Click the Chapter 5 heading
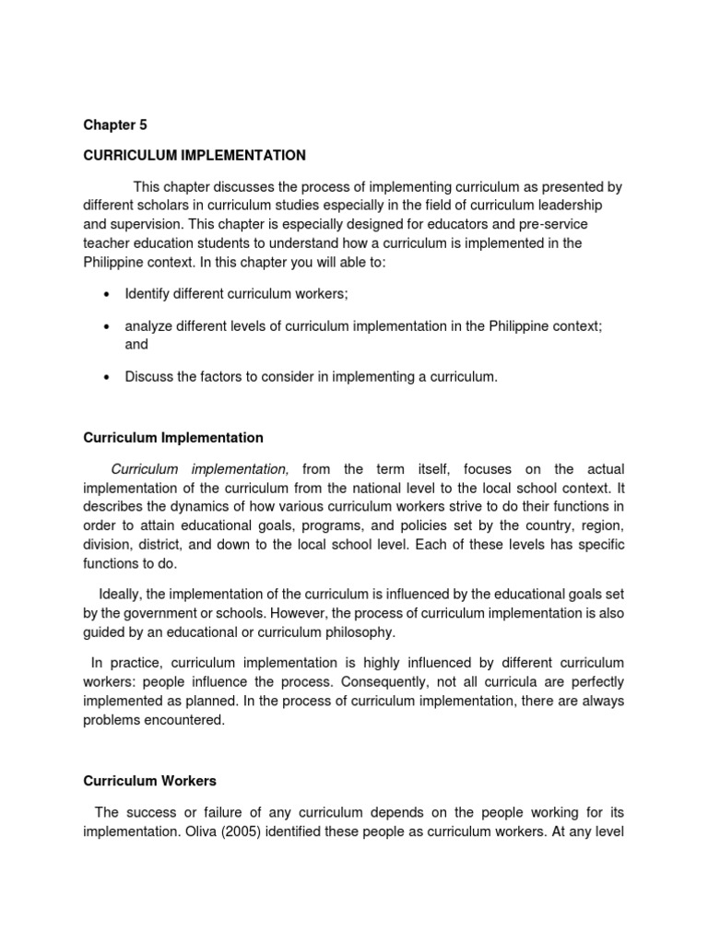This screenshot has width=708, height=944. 114,124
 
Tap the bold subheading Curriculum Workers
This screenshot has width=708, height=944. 149,781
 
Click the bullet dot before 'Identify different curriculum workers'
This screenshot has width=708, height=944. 107,294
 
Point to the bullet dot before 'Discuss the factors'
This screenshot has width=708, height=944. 107,377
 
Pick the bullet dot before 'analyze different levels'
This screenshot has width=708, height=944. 107,327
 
